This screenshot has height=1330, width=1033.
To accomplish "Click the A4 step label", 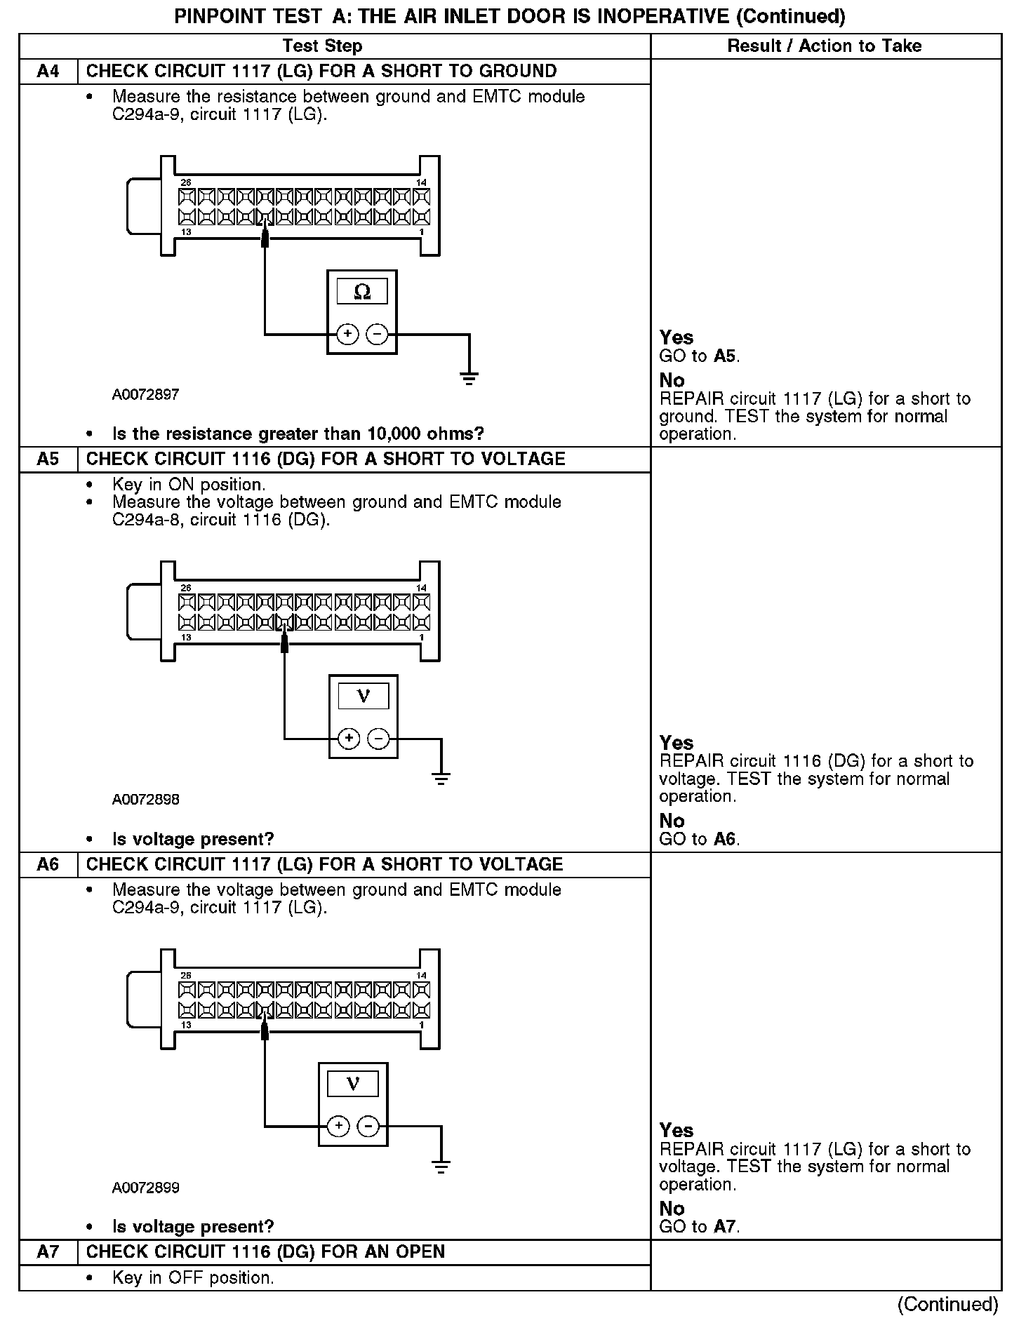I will (48, 72).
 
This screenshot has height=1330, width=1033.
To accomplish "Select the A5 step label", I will (48, 459).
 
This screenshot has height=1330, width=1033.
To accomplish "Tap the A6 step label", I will (48, 864).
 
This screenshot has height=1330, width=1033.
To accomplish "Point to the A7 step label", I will (48, 1252).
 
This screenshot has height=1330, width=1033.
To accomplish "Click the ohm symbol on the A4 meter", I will (361, 291).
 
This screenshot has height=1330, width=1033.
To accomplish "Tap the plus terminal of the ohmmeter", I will (347, 335).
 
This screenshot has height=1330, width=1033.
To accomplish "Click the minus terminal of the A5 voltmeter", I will (378, 739).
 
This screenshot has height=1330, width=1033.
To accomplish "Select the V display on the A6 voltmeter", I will (353, 1084).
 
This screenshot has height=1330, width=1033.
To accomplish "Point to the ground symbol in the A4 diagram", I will (469, 378).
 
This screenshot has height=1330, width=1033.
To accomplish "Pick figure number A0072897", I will (145, 395).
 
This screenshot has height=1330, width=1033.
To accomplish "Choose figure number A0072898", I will (145, 800).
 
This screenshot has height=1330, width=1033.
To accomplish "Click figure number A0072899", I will (145, 1188).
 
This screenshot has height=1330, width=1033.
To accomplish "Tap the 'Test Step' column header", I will (322, 46).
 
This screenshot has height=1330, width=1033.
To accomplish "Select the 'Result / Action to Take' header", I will (824, 46).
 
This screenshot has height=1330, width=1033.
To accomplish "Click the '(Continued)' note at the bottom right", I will (947, 1304).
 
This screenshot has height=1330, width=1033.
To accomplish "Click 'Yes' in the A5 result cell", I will (676, 743).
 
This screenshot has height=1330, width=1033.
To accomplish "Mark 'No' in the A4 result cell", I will (672, 380).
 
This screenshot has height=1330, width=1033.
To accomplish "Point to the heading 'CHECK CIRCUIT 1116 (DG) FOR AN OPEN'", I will (265, 1252).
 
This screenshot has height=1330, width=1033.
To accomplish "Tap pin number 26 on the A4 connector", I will (185, 183).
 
